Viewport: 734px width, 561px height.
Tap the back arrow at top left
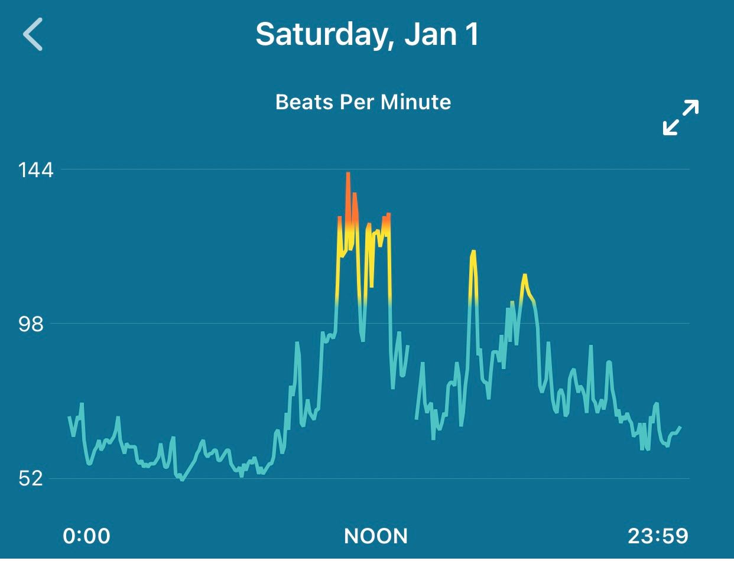[33, 34]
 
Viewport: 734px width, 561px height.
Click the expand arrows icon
[681, 117]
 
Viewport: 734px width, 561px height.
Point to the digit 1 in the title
[472, 34]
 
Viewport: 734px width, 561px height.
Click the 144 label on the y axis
[35, 170]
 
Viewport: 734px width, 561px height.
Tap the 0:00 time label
[86, 536]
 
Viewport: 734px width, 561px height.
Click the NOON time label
[376, 536]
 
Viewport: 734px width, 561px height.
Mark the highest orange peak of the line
[348, 174]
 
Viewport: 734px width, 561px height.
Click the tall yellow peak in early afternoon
[473, 252]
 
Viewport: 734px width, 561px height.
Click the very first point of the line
[69, 417]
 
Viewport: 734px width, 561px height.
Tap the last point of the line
[680, 427]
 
